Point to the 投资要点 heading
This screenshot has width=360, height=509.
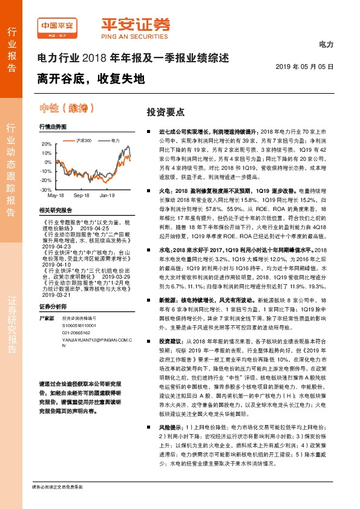165,112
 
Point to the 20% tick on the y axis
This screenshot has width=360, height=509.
47,144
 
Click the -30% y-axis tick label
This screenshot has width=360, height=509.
47,189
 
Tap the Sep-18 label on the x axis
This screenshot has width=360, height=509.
82,196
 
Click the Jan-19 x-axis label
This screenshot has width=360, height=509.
108,196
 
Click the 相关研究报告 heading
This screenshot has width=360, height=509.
55,210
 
